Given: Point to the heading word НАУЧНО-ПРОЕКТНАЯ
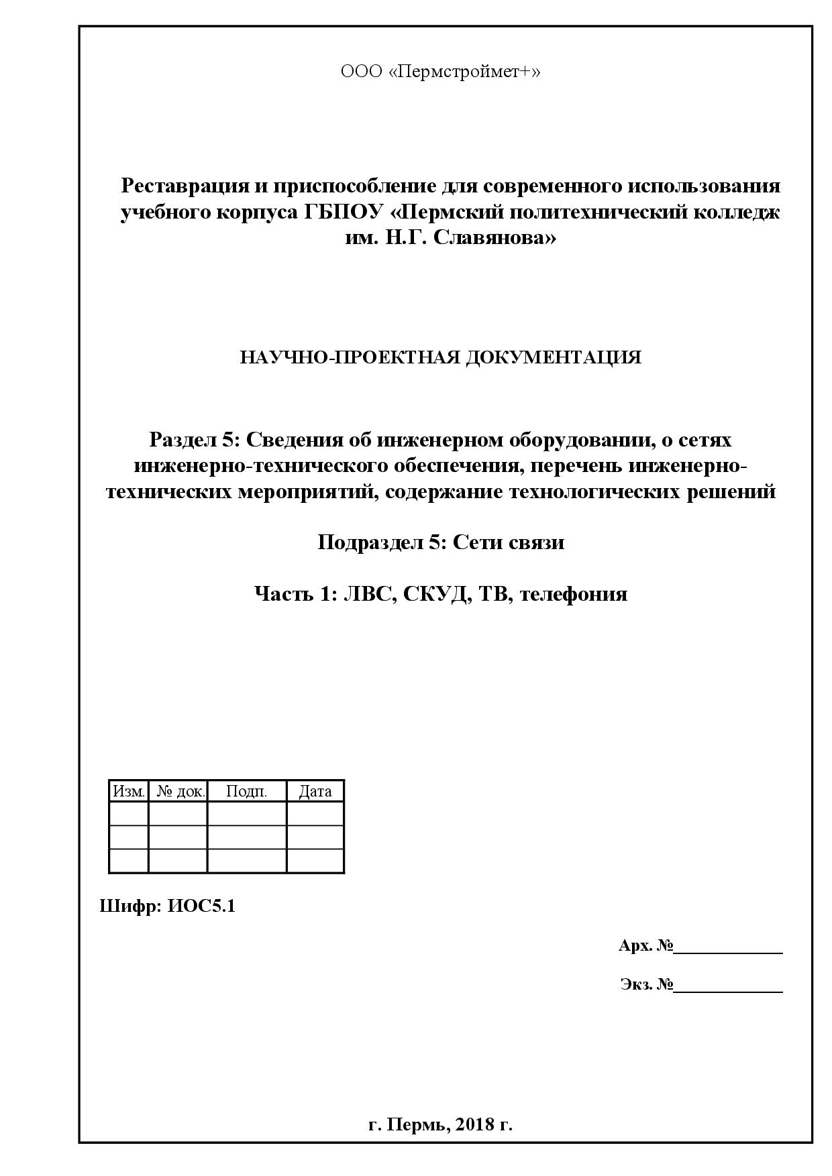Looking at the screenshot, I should pos(349,357).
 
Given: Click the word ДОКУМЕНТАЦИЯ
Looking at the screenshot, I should pos(552,357).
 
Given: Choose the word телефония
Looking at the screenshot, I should pos(574,594).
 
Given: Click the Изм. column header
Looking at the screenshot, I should pos(128,791).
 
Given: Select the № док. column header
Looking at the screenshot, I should pos(179,791).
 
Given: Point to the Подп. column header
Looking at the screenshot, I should pos(246,791).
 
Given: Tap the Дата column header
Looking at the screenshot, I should pos(315,791).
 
